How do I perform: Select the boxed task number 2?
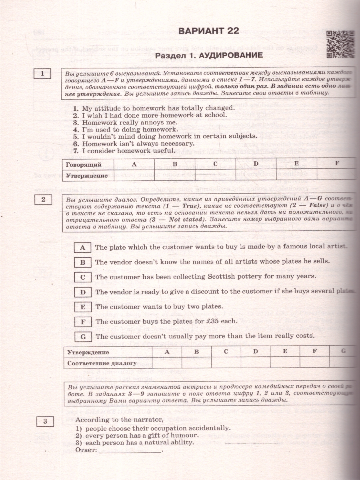click(43, 199)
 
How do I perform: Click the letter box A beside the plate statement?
click(83, 248)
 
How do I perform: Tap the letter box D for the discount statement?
click(83, 292)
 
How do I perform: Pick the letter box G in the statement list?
click(83, 336)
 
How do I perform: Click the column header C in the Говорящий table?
click(215, 164)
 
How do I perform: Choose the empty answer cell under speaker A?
click(134, 175)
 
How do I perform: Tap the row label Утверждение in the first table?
click(87, 176)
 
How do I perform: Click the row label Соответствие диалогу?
click(102, 363)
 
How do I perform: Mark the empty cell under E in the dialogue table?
click(285, 363)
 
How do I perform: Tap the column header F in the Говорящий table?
click(337, 164)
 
